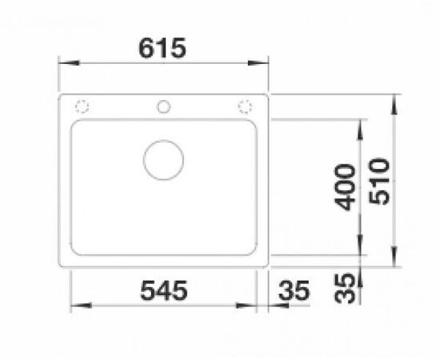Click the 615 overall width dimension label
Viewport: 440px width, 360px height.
(162, 48)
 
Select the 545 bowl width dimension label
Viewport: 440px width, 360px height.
(163, 290)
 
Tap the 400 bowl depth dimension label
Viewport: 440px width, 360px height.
(345, 187)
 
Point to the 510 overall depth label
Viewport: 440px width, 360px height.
(379, 182)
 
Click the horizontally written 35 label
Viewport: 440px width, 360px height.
(294, 290)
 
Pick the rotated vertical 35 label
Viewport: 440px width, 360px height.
(345, 288)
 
